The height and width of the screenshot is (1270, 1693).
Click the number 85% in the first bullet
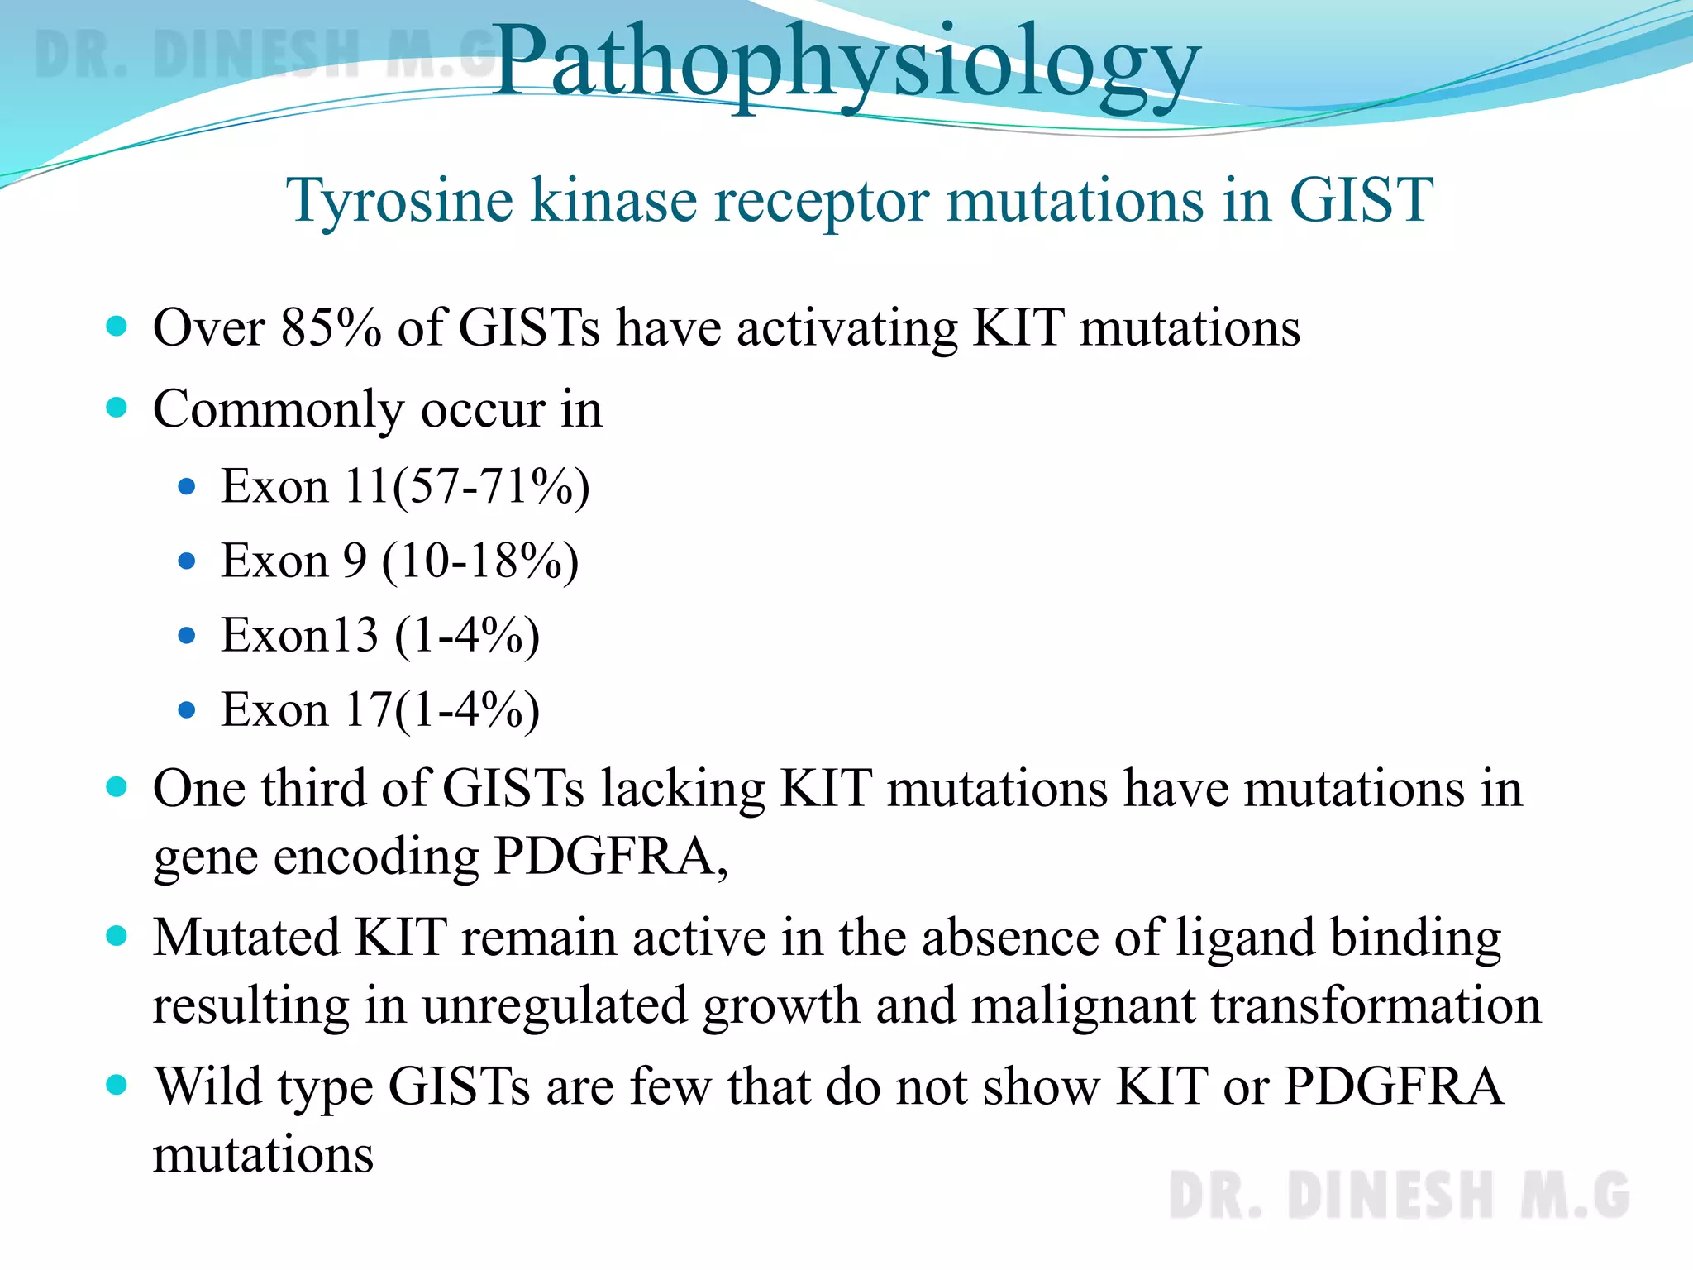[x=331, y=327]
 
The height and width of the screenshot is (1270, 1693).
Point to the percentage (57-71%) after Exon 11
[x=491, y=486]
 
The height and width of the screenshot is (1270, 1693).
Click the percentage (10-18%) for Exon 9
[x=480, y=561]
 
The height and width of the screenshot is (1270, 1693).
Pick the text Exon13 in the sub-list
[x=299, y=635]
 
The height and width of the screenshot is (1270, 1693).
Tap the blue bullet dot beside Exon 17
[x=187, y=710]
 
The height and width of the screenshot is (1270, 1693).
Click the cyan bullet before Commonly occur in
[x=117, y=408]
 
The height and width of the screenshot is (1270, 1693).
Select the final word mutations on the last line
[x=263, y=1154]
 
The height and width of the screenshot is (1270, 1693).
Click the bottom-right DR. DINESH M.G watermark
[x=1399, y=1196]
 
